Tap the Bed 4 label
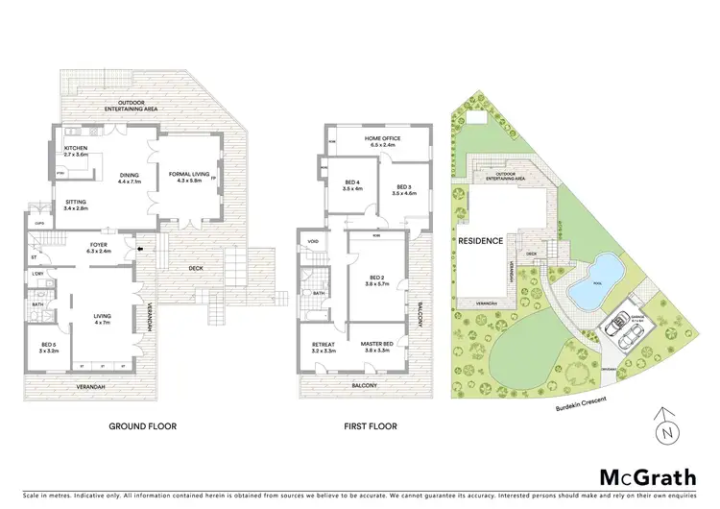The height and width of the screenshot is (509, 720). pyautogui.click(x=352, y=185)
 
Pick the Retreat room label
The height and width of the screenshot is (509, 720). pyautogui.click(x=323, y=349)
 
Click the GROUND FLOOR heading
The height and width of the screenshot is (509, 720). pyautogui.click(x=142, y=425)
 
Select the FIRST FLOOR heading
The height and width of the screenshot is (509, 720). pyautogui.click(x=371, y=425)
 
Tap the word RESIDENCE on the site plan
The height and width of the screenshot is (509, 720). pyautogui.click(x=481, y=241)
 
